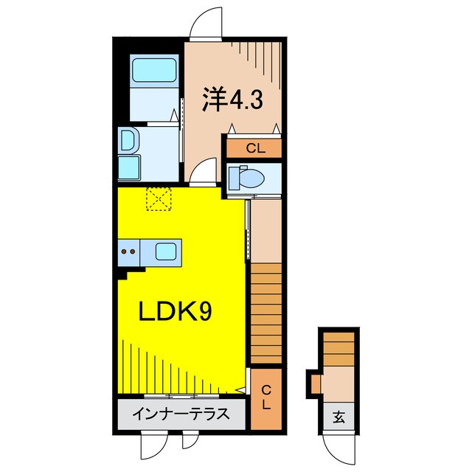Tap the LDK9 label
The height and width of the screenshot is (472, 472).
pos(176,312)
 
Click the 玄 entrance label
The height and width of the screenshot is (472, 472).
pos(339,417)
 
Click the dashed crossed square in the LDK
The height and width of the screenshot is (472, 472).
pos(159,198)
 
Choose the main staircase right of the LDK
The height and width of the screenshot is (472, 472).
pos(266,313)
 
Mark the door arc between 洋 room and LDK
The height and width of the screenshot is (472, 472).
pos(204,173)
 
